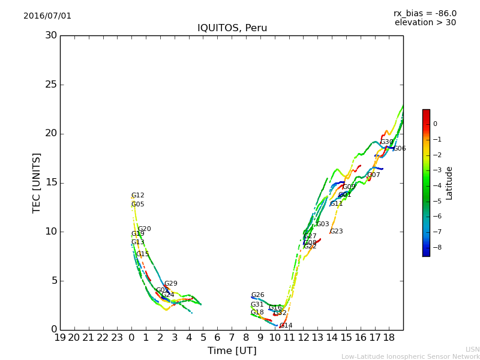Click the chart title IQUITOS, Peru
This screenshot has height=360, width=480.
click(x=232, y=28)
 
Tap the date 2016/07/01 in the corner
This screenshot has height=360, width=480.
click(x=47, y=16)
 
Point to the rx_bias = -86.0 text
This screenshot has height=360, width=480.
click(x=425, y=13)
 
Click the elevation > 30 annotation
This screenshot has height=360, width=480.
click(x=425, y=23)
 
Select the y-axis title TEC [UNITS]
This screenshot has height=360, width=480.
click(x=37, y=182)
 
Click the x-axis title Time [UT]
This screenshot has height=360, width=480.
click(x=232, y=351)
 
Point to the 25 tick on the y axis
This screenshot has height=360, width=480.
click(x=51, y=85)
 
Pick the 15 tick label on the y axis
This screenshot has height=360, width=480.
click(x=51, y=182)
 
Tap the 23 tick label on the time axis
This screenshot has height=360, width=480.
click(x=117, y=338)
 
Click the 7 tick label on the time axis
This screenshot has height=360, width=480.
click(x=232, y=338)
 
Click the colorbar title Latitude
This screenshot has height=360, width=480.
click(x=449, y=183)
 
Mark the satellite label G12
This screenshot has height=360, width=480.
click(x=137, y=196)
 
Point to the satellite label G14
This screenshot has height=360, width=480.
click(x=286, y=326)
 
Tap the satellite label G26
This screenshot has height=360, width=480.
click(x=257, y=295)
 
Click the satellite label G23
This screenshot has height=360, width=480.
click(x=337, y=232)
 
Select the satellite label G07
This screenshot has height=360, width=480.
click(x=374, y=175)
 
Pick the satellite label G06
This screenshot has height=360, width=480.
click(x=400, y=149)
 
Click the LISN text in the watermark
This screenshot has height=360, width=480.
click(x=472, y=349)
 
